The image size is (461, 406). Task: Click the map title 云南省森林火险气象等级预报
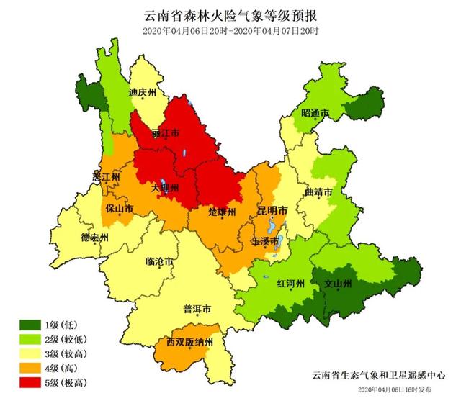tap(230, 15)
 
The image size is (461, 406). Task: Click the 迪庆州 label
tap(142, 93)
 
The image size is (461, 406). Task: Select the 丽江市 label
tap(165, 133)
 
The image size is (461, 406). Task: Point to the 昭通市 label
tap(315, 114)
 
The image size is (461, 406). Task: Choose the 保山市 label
tap(119, 209)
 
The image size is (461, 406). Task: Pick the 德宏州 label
tap(94, 238)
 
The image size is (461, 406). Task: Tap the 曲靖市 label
tap(318, 193)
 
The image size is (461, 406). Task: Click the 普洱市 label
tap(197, 310)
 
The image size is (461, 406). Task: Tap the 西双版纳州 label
tap(189, 342)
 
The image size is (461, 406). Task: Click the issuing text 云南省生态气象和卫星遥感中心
tap(379, 376)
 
